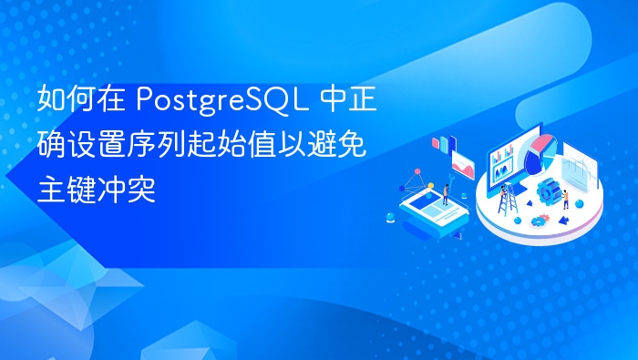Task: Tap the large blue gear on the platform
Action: click(x=548, y=191)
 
